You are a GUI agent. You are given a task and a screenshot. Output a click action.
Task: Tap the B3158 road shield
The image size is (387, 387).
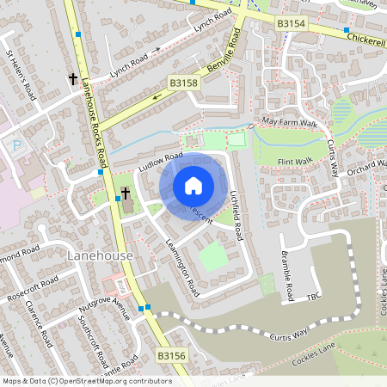coord(183,83)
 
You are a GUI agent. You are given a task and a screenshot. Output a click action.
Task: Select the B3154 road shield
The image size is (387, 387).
coord(292,25)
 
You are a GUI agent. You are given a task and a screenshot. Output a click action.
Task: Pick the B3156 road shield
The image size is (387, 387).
coord(171,354)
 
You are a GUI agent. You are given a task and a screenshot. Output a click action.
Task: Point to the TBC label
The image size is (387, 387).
coord(313,298)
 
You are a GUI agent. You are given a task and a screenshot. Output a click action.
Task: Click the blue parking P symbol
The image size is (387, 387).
coord(18,146)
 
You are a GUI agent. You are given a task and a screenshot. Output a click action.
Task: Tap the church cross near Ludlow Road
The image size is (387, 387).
coord(126,193)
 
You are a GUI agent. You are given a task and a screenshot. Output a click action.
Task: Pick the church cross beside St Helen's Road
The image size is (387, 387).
coord(73,79)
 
